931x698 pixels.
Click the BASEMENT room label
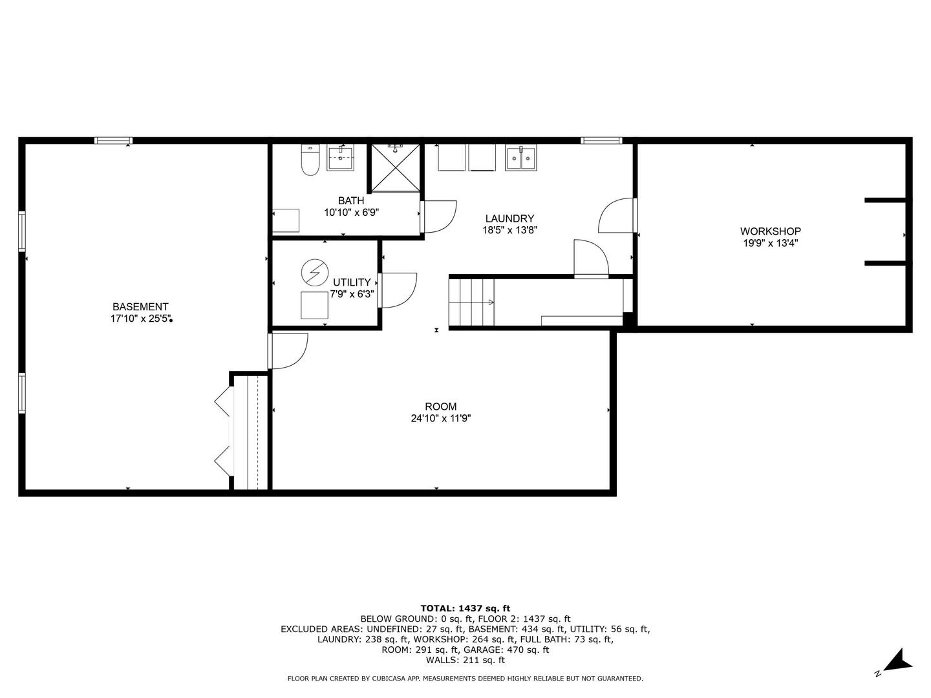pyautogui.click(x=140, y=307)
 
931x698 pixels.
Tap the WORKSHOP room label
pyautogui.click(x=770, y=231)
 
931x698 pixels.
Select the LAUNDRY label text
pyautogui.click(x=509, y=219)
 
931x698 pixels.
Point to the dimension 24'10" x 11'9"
pyautogui.click(x=440, y=419)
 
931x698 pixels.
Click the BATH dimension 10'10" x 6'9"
pyautogui.click(x=350, y=212)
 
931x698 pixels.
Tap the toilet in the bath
pyautogui.click(x=310, y=160)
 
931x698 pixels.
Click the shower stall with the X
pyautogui.click(x=395, y=167)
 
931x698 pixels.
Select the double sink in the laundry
pyautogui.click(x=521, y=158)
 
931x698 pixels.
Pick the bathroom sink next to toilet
pyautogui.click(x=340, y=157)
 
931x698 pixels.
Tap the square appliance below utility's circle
pyautogui.click(x=314, y=306)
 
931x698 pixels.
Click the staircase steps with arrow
pyautogui.click(x=472, y=302)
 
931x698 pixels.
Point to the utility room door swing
pyautogui.click(x=397, y=290)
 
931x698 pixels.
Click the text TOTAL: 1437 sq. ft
pyautogui.click(x=465, y=608)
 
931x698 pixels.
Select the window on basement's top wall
pyautogui.click(x=113, y=140)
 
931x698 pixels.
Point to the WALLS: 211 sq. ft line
pyautogui.click(x=465, y=661)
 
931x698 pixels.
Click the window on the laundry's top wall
pyautogui.click(x=601, y=140)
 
